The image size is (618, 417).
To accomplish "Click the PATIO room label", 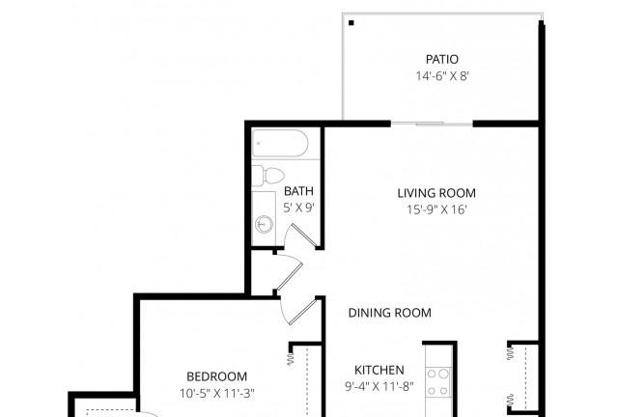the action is pos(442,59).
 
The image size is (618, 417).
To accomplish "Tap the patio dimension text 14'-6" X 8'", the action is pos(442,75).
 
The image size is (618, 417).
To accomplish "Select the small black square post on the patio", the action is pos(351,23).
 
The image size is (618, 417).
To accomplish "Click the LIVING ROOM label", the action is pos(436,193).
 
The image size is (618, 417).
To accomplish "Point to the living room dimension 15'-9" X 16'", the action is pos(436,209).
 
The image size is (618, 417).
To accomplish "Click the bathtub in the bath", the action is pos(280,144).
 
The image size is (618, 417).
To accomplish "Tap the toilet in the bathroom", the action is pos(268,176).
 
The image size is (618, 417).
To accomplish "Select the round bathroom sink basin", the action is pos(264,224).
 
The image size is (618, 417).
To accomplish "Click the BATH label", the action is pos(298,191).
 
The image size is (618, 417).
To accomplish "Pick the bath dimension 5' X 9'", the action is pos(298,208).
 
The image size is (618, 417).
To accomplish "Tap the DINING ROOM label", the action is pos(390,313).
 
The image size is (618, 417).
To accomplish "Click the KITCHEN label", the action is pos(379,370).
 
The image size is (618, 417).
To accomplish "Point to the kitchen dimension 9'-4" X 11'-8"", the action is pos(379,387).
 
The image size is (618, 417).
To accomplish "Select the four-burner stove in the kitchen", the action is pos(438,381).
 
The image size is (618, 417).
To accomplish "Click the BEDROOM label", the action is pos(216,376).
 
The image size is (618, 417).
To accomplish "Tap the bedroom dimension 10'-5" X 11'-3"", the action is pos(217,394).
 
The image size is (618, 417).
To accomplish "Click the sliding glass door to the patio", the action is pos(432,124).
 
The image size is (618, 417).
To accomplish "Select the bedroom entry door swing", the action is pos(298,312).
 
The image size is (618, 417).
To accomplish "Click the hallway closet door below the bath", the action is pos(290,273).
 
